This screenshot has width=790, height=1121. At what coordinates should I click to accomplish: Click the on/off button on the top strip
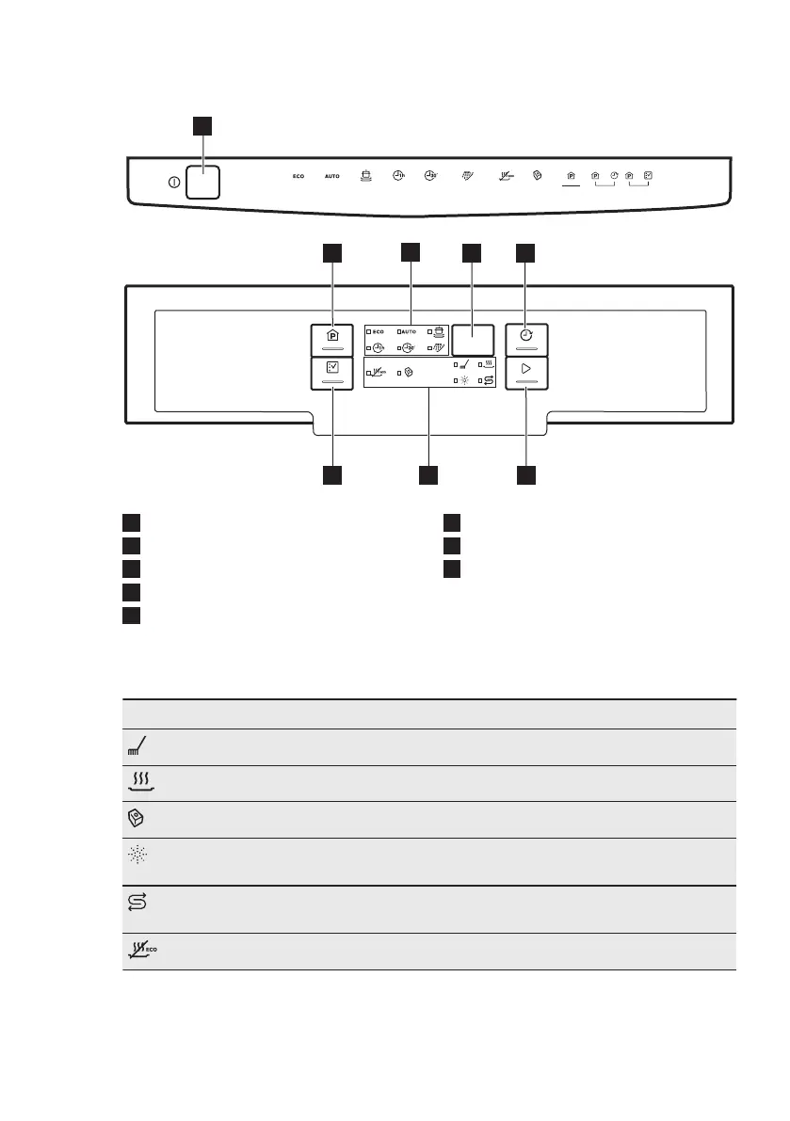click(202, 181)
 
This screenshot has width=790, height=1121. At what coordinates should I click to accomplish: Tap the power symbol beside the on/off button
click(174, 182)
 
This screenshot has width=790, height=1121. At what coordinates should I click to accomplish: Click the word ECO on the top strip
click(298, 177)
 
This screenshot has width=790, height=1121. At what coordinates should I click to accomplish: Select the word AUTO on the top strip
click(332, 177)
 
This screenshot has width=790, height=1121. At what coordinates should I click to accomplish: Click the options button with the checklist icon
click(331, 373)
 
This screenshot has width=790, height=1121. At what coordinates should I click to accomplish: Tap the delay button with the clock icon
click(526, 338)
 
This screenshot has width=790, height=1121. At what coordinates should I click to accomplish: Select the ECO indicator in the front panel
click(375, 331)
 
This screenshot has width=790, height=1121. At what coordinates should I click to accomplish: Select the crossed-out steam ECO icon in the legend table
click(140, 951)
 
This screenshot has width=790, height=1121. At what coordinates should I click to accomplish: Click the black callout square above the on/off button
click(202, 126)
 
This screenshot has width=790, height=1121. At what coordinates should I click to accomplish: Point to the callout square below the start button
click(526, 475)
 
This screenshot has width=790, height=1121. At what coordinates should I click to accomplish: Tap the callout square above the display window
click(471, 252)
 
